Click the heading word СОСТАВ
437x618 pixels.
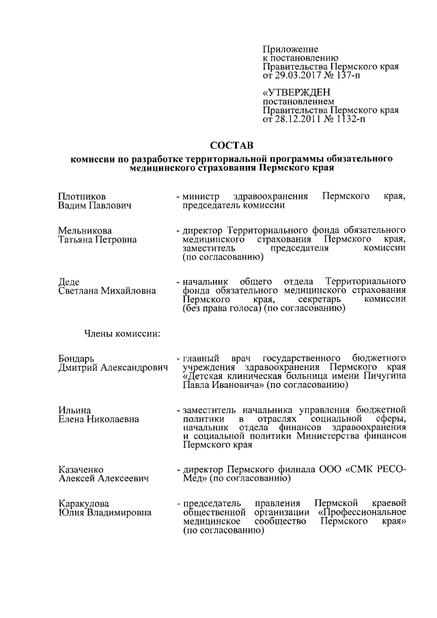pos(231,145)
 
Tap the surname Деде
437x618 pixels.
pos(69,282)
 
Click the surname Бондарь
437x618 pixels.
pos(76,359)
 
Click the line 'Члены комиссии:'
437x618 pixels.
pos(122,333)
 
